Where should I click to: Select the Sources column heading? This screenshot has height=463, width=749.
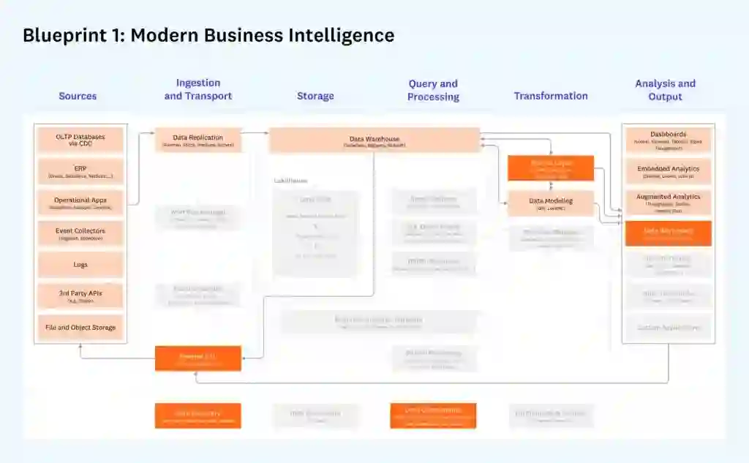78,96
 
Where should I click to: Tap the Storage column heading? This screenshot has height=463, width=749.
315,96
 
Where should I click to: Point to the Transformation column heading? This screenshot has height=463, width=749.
551,96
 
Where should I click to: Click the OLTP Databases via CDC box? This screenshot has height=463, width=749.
80,140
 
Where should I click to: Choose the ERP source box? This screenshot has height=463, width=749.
80,171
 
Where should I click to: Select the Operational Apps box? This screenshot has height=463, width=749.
80,203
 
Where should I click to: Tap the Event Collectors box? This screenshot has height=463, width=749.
80,234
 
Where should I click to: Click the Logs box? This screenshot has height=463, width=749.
80,265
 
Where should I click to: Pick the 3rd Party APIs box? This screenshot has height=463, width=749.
80,296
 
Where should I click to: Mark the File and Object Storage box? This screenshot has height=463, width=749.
80,327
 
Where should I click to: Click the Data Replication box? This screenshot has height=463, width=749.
197,140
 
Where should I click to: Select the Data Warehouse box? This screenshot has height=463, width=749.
374,140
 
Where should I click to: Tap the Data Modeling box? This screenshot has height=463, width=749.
551,203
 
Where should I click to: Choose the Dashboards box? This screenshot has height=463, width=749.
669,140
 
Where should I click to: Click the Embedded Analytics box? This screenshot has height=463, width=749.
669,171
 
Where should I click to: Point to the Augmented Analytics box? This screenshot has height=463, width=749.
669,203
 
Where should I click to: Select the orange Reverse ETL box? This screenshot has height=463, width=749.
197,358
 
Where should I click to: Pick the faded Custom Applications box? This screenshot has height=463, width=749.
669,327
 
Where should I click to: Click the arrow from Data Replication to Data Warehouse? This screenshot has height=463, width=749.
255,133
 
